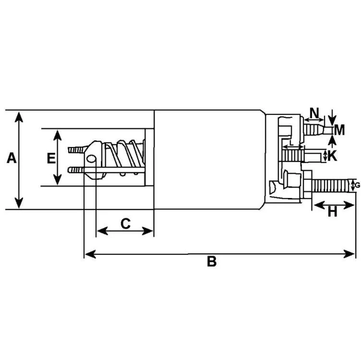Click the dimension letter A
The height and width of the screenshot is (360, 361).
[12, 158]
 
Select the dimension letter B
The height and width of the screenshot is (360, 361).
[212, 261]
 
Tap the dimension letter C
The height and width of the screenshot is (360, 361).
[125, 223]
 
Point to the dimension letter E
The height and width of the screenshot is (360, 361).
[51, 158]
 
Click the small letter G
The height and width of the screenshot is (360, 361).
[358, 185]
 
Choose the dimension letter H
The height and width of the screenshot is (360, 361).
[332, 211]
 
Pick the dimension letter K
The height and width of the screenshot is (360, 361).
[332, 156]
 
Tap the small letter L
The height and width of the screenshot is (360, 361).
[291, 143]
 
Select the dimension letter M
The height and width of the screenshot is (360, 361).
[339, 130]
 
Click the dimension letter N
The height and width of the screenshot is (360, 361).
[314, 112]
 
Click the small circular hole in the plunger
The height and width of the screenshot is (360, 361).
[91, 159]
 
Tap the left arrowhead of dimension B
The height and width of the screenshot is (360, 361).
[90, 254]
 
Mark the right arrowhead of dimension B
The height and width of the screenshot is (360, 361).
[349, 254]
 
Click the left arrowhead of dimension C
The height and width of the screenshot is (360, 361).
[102, 231]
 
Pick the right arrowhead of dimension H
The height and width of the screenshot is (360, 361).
[348, 205]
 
